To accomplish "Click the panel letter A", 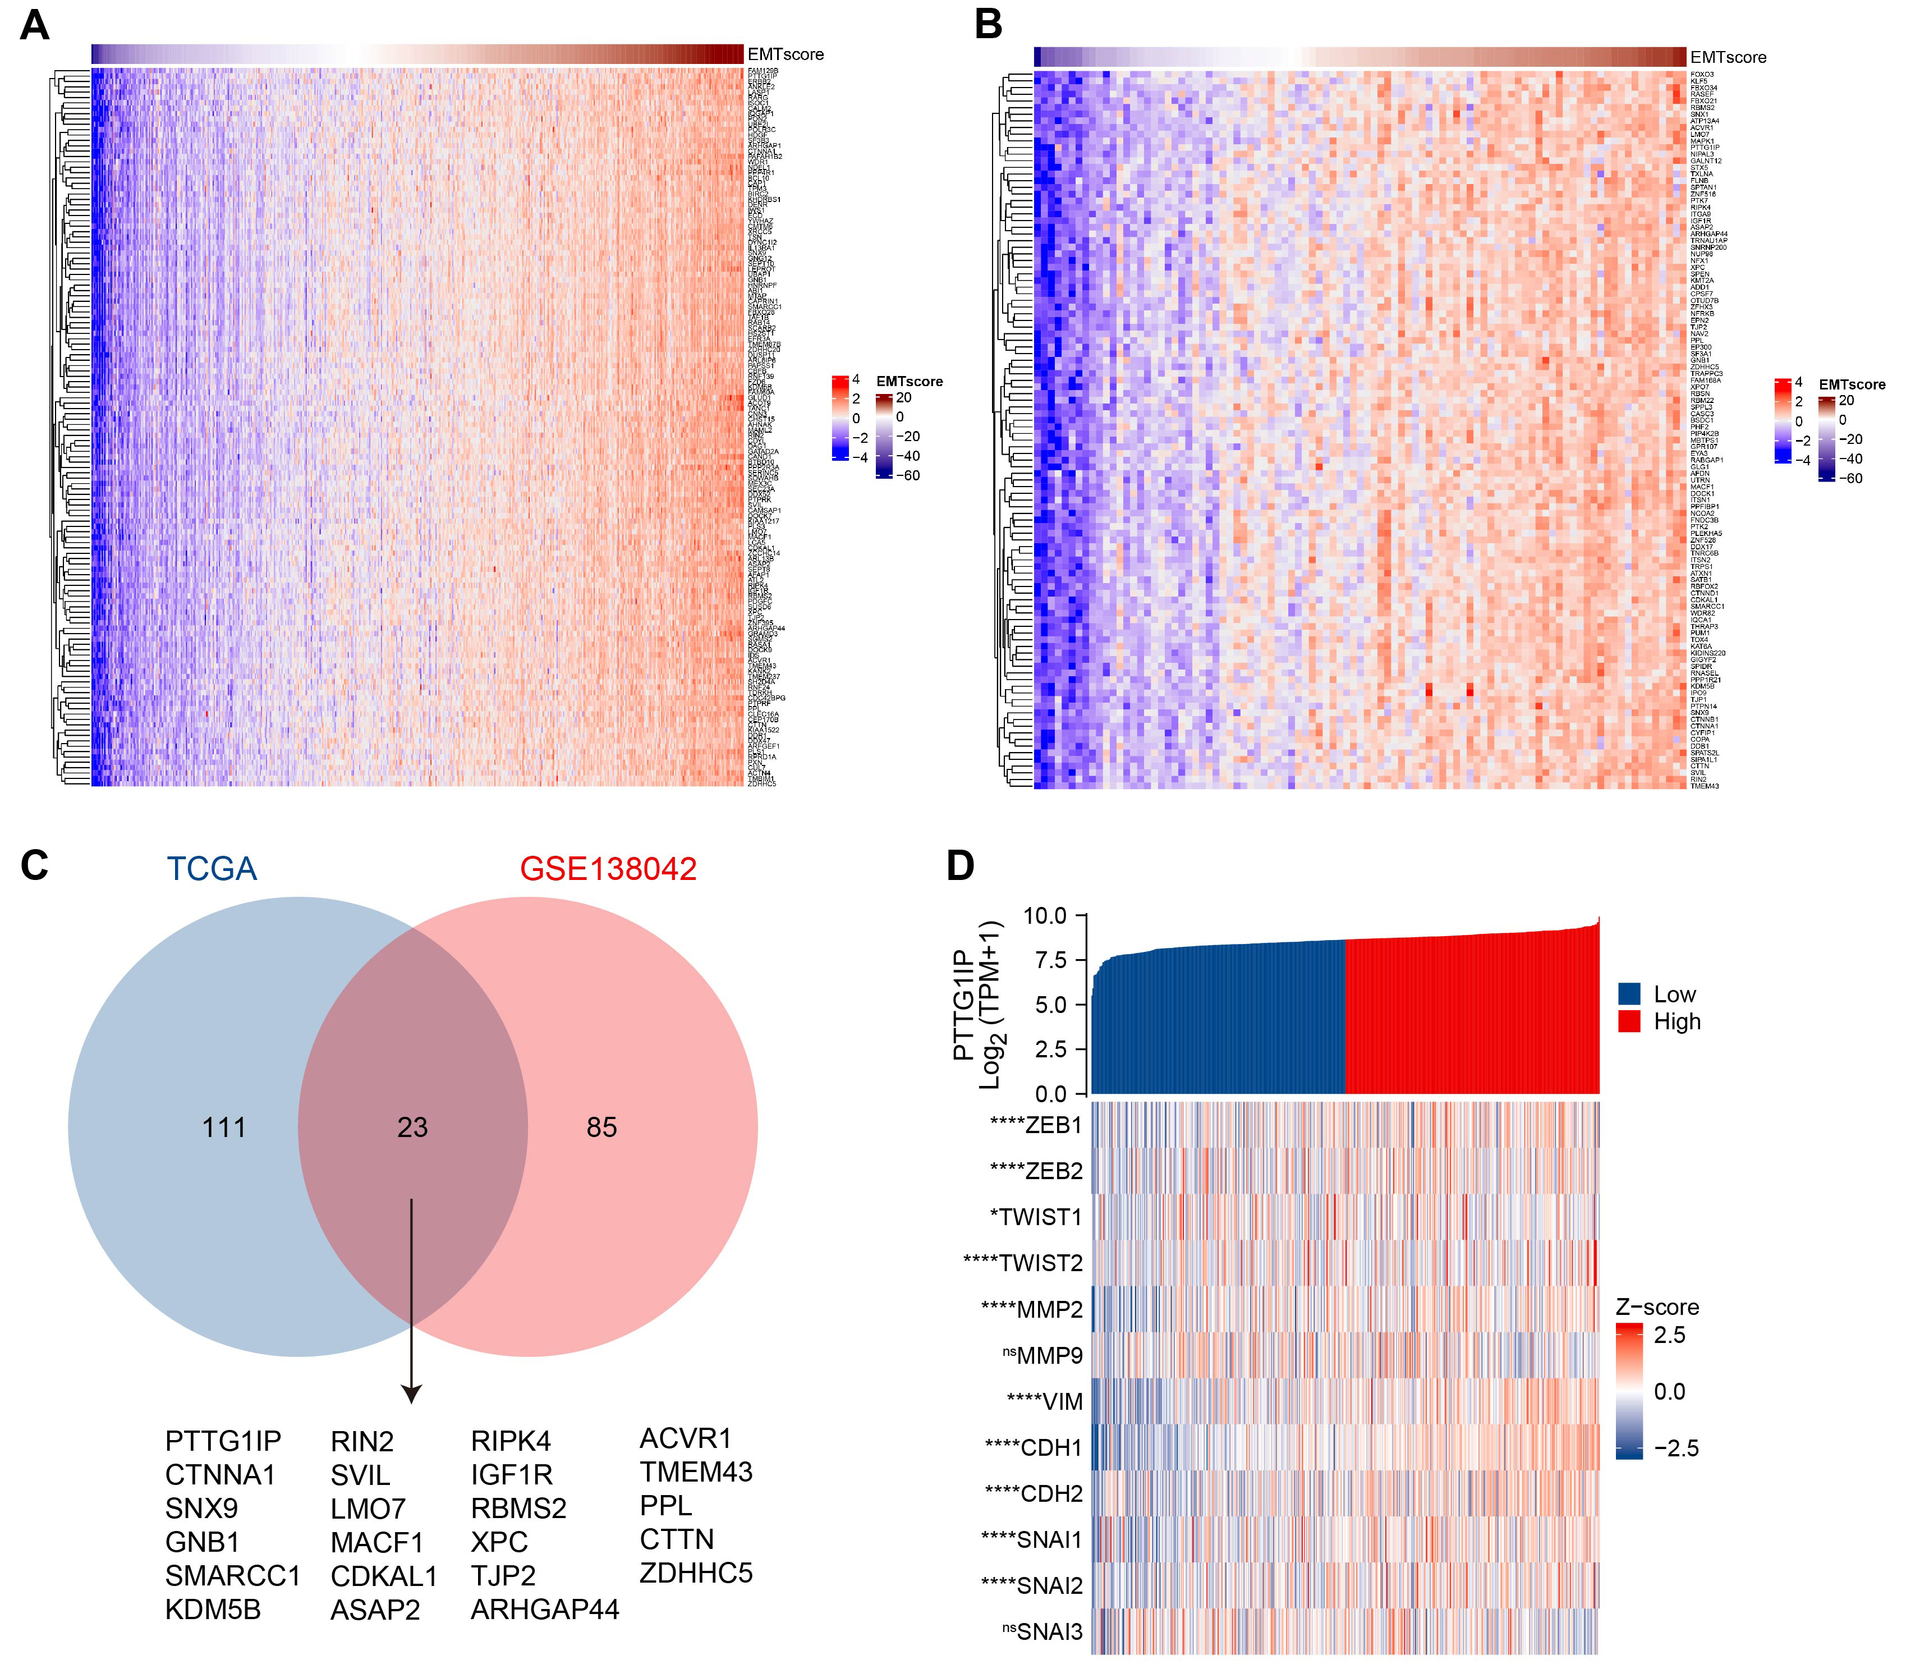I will [x=34, y=25].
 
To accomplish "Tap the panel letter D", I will [x=960, y=865].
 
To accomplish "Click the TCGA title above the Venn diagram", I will [x=212, y=869].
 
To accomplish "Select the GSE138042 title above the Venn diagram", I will [x=608, y=869].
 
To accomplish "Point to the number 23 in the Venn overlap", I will [x=412, y=1127].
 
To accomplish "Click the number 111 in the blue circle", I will [x=224, y=1127].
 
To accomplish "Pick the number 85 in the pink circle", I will [x=601, y=1127].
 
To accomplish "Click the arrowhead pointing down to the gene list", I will [x=411, y=1394].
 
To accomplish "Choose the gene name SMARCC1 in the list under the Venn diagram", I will [x=233, y=1576].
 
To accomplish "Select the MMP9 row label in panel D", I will [x=1049, y=1356].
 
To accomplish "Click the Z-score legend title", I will [x=1657, y=1308].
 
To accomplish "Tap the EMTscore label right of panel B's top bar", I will [x=1728, y=58].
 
